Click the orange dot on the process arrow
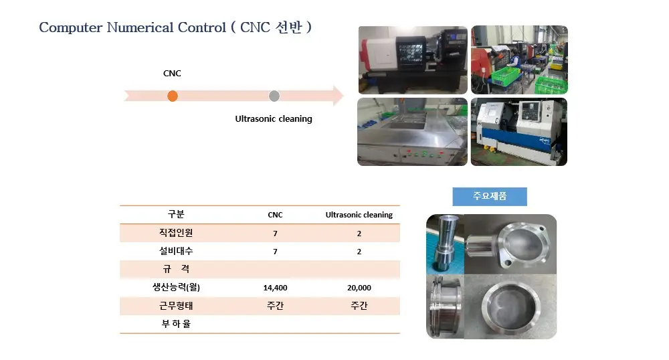pos(173,96)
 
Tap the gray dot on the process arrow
pos(274,96)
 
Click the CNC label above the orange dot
pos(172,74)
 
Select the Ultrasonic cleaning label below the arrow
pos(274,118)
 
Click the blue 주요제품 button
pos(490,196)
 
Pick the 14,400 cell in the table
pos(275,288)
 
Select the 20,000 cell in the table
pos(359,288)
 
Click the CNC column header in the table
pos(275,215)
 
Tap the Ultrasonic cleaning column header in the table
pos(359,215)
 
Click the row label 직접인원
pos(176,232)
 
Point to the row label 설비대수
pos(176,251)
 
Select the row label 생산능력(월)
pos(176,287)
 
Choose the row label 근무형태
pos(176,305)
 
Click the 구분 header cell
pos(176,214)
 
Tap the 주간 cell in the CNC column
pos(275,305)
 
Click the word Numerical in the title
pos(140,27)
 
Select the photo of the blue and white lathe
pos(519,131)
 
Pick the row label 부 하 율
pos(176,324)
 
